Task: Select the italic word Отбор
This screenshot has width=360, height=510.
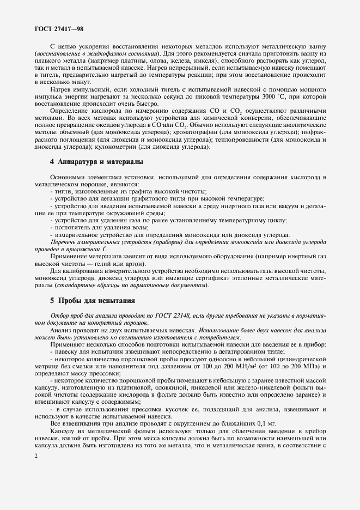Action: click(60, 316)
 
